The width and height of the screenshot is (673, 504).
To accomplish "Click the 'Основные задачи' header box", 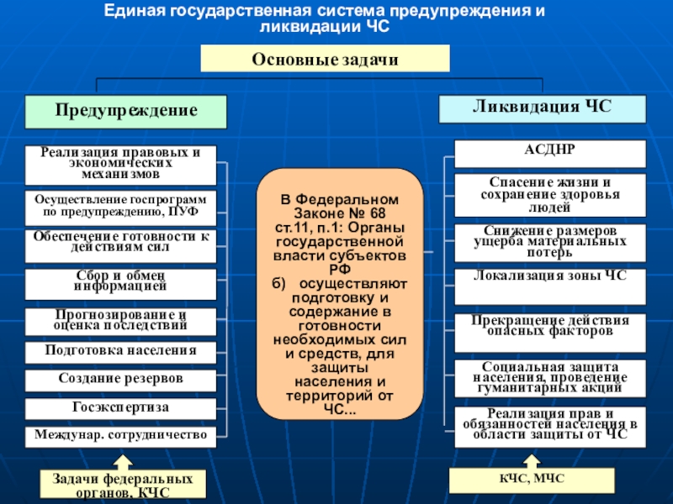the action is pos(325,59).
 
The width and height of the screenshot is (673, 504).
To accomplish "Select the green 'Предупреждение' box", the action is pos(126,112).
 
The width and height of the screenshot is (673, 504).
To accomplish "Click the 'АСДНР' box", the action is pos(550,154).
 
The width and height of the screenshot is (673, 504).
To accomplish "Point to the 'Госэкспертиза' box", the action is pos(120,409).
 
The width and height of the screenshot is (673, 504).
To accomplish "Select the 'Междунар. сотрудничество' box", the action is pos(120,435).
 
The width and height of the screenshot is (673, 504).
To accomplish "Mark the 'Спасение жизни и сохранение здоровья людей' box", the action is pos(550,194).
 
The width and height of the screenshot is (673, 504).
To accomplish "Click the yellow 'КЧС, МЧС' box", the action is pos(531,479).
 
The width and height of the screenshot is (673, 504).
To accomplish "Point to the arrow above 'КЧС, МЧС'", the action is pos(530,460).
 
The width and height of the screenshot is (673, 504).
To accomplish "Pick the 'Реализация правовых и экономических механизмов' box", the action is pos(120,165).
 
